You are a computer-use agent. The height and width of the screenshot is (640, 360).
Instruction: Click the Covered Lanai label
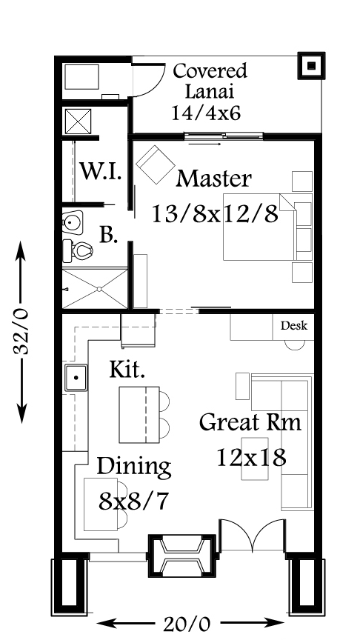tap(210, 81)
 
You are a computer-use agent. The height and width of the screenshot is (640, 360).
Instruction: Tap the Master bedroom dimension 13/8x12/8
tap(215, 213)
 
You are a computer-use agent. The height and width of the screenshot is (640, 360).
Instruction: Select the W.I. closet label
tap(101, 171)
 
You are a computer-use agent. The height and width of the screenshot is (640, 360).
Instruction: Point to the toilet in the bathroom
tap(78, 250)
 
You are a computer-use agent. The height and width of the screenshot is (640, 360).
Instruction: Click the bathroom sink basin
tap(73, 222)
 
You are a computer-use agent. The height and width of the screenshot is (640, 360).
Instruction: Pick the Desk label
tap(294, 326)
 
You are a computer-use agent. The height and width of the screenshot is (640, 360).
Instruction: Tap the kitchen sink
tap(76, 378)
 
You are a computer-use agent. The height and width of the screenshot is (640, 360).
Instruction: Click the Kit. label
tap(127, 369)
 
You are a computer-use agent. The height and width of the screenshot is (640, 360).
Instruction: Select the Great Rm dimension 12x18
tap(251, 457)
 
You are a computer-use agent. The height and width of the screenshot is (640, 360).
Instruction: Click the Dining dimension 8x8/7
tap(134, 501)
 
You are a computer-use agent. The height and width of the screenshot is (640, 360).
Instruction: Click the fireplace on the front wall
tap(181, 556)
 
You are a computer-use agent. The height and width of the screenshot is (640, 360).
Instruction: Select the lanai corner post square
tap(311, 65)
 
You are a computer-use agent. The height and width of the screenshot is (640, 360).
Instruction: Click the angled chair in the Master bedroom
tap(155, 164)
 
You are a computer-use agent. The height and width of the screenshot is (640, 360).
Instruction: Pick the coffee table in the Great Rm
tap(255, 459)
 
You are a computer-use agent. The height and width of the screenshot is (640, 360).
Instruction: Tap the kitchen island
tap(139, 415)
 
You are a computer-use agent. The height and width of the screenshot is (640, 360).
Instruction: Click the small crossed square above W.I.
tap(78, 121)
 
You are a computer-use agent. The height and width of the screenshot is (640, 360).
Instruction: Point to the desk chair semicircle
tap(295, 345)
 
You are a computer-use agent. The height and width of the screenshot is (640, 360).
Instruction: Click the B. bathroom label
tap(109, 235)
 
